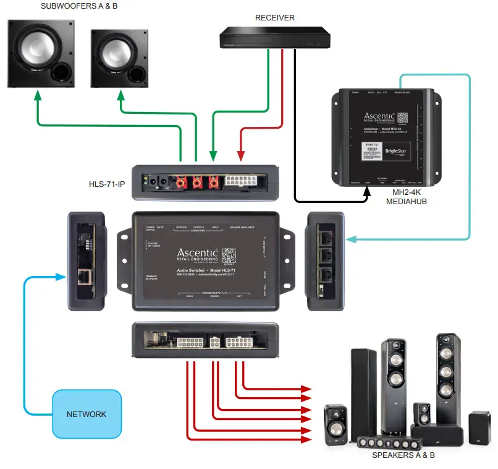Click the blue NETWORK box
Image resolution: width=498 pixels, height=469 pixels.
tap(86, 413)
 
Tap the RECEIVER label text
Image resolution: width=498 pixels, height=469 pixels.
tap(275, 18)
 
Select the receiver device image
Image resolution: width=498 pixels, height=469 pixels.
tap(275, 38)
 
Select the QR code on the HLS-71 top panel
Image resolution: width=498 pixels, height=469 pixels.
tap(229, 256)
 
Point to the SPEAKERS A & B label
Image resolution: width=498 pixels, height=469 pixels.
tap(403, 455)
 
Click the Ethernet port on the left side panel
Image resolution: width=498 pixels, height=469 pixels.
tap(83, 277)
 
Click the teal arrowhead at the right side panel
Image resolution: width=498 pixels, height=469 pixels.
tap(350, 238)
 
